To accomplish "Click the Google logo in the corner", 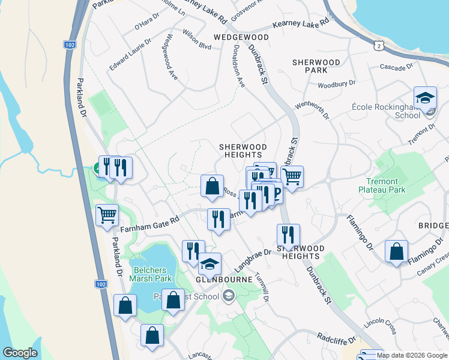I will tap(20, 353).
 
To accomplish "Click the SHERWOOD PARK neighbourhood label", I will tap(316, 66).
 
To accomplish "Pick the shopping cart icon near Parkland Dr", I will tap(107, 215).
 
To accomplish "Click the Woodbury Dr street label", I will tap(337, 85).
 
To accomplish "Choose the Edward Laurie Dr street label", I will tap(130, 54).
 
